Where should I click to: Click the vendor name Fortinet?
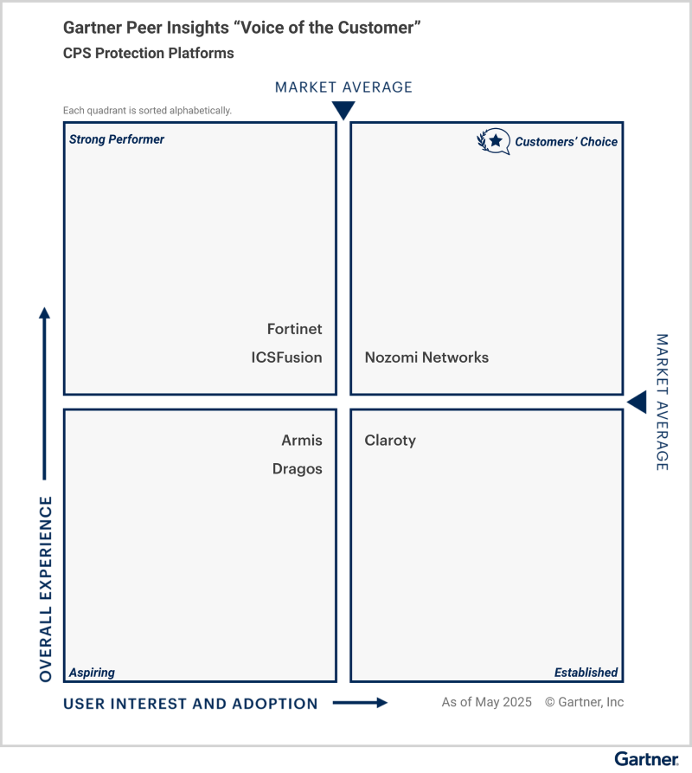tap(294, 329)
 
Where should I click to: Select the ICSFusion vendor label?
tap(286, 358)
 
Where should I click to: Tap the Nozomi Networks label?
tap(426, 358)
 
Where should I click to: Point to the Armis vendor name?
tap(301, 441)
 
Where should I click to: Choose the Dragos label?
tap(297, 469)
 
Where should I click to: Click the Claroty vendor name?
tap(390, 441)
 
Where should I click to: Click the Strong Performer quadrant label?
tap(117, 139)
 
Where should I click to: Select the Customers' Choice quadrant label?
tap(567, 142)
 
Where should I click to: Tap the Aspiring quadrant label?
tap(92, 673)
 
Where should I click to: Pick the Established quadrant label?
tap(586, 673)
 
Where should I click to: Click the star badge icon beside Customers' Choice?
tap(494, 141)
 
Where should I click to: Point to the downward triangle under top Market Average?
tap(343, 110)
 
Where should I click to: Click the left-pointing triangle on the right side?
tap(637, 403)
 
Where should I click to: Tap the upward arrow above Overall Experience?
tap(45, 390)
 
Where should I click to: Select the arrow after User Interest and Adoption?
tap(360, 703)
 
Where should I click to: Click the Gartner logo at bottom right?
tap(646, 758)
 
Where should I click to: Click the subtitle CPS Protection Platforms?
tap(148, 53)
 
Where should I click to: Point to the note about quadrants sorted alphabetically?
tap(147, 111)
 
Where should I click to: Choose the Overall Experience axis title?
tap(46, 589)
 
